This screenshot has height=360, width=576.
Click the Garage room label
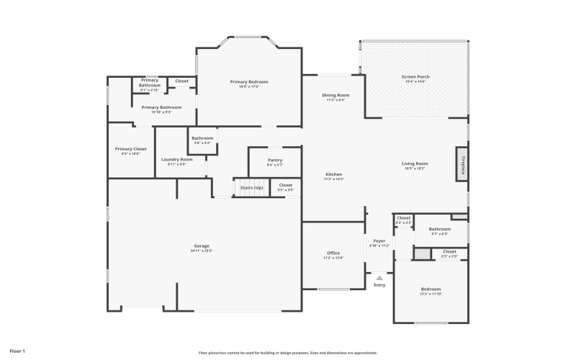pyautogui.click(x=201, y=246)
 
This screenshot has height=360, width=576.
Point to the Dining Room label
pyautogui.click(x=336, y=95)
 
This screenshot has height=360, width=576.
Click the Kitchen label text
pyautogui.click(x=334, y=174)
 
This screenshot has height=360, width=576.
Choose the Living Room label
pyautogui.click(x=415, y=163)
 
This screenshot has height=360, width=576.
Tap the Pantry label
pyautogui.click(x=274, y=160)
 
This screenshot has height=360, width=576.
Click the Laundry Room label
pyautogui.click(x=176, y=159)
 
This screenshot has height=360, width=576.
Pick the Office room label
pyautogui.click(x=333, y=253)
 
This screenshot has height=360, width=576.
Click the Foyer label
pyautogui.click(x=379, y=240)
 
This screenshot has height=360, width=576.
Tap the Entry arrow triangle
pyautogui.click(x=379, y=277)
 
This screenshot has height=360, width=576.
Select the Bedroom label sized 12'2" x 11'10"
pyautogui.click(x=431, y=289)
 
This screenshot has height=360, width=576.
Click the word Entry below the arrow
pyautogui.click(x=379, y=285)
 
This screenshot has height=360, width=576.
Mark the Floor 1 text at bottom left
pyautogui.click(x=17, y=351)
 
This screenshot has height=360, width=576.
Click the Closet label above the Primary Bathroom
pyautogui.click(x=182, y=81)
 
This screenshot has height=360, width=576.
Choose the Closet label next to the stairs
pyautogui.click(x=286, y=185)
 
